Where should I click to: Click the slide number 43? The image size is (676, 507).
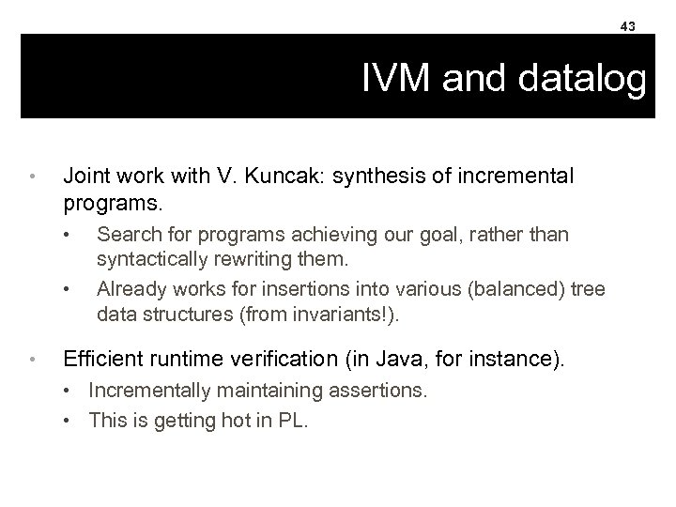pyautogui.click(x=627, y=26)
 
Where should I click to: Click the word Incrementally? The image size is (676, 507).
pyautogui.click(x=144, y=390)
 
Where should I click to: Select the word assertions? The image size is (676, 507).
pyautogui.click(x=376, y=390)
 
